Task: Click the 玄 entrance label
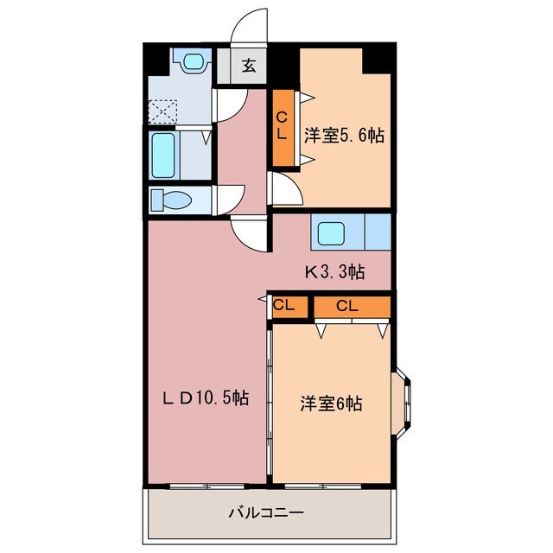pyautogui.click(x=248, y=66)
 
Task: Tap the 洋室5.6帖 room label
pyautogui.click(x=343, y=136)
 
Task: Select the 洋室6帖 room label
pyautogui.click(x=331, y=403)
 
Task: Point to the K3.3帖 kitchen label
pyautogui.click(x=334, y=272)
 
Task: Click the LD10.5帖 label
pyautogui.click(x=208, y=398)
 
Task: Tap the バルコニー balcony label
pyautogui.click(x=266, y=512)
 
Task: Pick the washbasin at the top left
pyautogui.click(x=192, y=63)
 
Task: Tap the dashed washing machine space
pyautogui.click(x=162, y=111)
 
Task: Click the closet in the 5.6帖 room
pyautogui.click(x=283, y=127)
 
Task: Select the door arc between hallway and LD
pyautogui.click(x=250, y=231)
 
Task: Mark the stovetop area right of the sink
pyautogui.click(x=378, y=233)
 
